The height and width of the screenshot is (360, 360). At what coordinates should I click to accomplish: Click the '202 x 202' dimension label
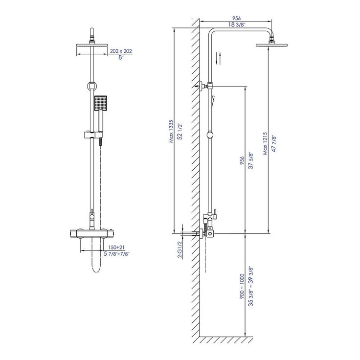(x=121, y=51)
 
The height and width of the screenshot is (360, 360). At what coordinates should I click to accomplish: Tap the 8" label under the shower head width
(x=121, y=57)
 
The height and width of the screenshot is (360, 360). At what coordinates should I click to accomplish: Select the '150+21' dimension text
(x=116, y=247)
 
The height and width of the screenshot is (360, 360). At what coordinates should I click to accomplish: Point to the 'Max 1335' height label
(x=171, y=131)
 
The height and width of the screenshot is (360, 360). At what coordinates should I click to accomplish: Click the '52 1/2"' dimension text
(x=180, y=132)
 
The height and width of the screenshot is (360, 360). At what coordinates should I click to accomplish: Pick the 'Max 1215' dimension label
(x=265, y=143)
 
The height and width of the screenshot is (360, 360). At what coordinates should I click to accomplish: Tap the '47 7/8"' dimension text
(x=274, y=144)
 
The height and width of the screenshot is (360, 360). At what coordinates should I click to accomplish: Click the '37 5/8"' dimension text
(x=251, y=160)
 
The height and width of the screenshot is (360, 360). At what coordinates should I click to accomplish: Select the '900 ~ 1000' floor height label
(x=242, y=286)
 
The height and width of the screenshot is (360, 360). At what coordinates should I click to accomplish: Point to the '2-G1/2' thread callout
(x=180, y=250)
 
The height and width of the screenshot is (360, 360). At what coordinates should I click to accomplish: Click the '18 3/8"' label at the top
(x=237, y=24)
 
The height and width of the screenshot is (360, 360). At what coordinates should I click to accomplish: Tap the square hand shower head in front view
(x=101, y=103)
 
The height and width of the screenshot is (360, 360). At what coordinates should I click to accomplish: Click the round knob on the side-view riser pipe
(x=210, y=135)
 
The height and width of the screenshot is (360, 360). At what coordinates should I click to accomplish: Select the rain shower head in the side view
(x=271, y=45)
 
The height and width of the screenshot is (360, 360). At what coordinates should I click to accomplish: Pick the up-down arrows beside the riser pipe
(x=219, y=58)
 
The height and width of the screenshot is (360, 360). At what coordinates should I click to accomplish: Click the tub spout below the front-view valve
(x=96, y=255)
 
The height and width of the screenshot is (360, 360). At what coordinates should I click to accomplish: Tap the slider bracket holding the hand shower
(x=92, y=135)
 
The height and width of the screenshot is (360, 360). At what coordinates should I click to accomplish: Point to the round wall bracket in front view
(x=92, y=86)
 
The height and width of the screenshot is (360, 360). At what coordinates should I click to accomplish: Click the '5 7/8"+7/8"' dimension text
(x=116, y=254)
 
